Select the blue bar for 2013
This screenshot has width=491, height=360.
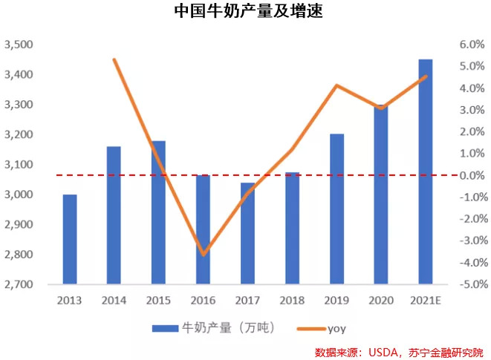click(x=69, y=239)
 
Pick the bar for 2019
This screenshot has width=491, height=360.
click(x=336, y=209)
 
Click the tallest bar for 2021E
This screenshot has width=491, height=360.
click(x=426, y=171)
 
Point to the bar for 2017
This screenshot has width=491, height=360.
click(x=247, y=233)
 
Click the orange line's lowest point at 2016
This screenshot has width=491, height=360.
click(x=203, y=255)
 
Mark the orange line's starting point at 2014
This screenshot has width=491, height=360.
click(x=114, y=59)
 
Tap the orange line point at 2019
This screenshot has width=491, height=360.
click(x=336, y=85)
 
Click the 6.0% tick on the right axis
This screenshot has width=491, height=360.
click(x=471, y=45)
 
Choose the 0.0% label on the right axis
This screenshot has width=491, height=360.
click(x=471, y=175)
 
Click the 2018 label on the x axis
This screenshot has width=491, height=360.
click(x=292, y=300)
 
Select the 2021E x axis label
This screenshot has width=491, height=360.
click(x=426, y=300)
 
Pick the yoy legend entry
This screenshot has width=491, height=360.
click(x=336, y=327)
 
